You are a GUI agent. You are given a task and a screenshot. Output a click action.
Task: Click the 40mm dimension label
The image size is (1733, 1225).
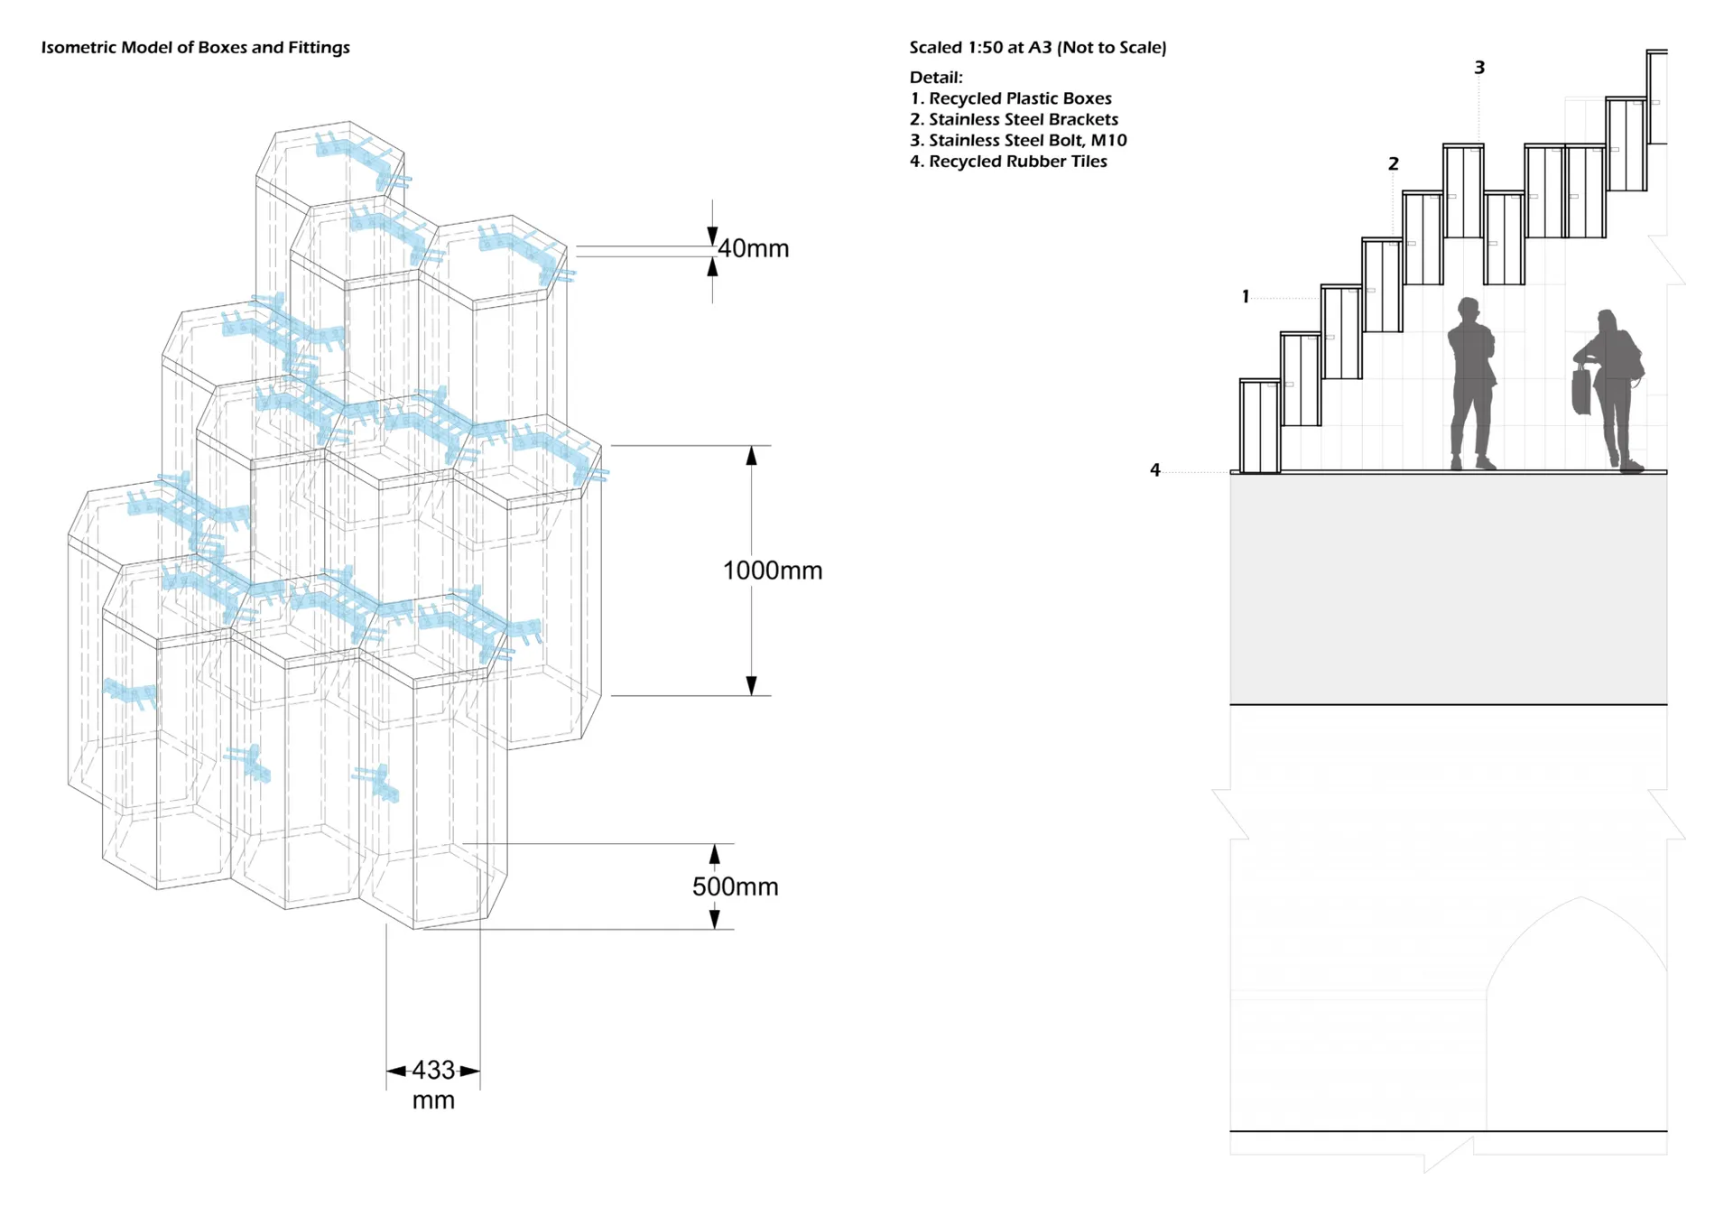pyautogui.click(x=753, y=248)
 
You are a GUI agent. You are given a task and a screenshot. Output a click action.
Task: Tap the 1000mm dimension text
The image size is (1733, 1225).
pyautogui.click(x=773, y=571)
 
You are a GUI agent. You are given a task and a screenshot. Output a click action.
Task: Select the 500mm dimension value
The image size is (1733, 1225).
pyautogui.click(x=735, y=886)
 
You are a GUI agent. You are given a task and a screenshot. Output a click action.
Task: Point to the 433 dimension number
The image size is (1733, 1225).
pyautogui.click(x=433, y=1071)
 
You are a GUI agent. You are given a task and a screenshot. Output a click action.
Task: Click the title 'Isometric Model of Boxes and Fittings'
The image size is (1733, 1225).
pyautogui.click(x=195, y=48)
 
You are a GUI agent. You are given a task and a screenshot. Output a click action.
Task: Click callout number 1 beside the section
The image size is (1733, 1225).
pyautogui.click(x=1246, y=296)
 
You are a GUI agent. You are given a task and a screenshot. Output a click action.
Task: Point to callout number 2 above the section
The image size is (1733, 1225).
pyautogui.click(x=1393, y=163)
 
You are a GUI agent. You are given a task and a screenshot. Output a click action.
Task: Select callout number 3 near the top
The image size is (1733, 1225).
pyautogui.click(x=1479, y=68)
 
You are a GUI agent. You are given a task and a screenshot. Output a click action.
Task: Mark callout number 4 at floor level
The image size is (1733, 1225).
pyautogui.click(x=1154, y=469)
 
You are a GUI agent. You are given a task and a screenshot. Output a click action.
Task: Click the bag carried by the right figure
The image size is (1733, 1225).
pyautogui.click(x=1581, y=391)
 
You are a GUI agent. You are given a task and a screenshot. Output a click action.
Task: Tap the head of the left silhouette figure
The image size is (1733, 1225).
pyautogui.click(x=1469, y=310)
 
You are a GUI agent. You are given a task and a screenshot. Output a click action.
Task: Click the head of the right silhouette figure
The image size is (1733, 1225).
pyautogui.click(x=1606, y=321)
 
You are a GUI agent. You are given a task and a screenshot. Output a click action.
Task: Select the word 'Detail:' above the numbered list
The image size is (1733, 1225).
pyautogui.click(x=936, y=78)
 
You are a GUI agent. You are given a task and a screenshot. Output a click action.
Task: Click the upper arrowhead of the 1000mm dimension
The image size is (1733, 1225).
pyautogui.click(x=751, y=456)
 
